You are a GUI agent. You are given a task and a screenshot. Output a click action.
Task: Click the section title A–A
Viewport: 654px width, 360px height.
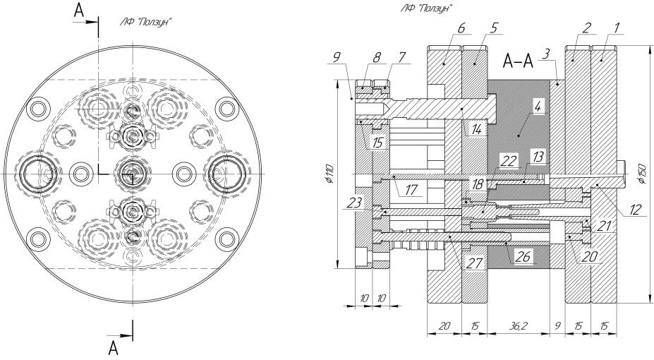pos(519,61)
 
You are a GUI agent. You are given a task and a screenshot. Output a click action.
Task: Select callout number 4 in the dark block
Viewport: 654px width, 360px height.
pos(538,107)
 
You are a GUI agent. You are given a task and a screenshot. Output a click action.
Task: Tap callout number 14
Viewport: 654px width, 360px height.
pos(476,130)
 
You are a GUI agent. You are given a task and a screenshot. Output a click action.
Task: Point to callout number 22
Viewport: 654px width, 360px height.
pos(509,161)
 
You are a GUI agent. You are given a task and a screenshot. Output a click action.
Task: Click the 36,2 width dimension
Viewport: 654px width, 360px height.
pos(517,326)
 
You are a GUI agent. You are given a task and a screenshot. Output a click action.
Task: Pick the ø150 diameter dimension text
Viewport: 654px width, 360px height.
pos(643,174)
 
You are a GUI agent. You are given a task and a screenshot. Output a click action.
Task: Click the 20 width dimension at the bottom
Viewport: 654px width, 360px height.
pos(444,326)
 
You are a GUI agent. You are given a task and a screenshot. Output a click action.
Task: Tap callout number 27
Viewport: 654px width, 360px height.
pos(474,263)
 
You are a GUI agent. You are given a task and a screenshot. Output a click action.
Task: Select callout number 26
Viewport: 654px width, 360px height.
pos(522,256)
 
